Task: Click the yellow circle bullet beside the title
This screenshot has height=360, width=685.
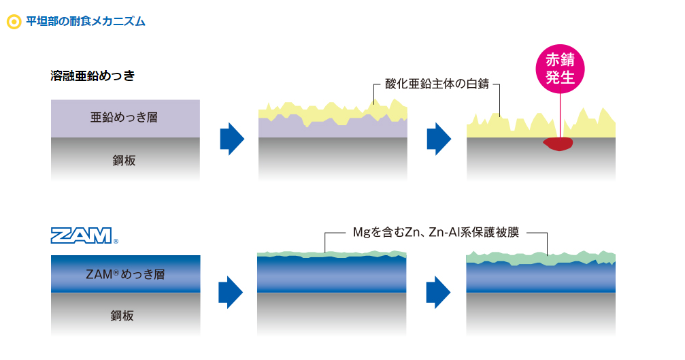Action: pos(14,21)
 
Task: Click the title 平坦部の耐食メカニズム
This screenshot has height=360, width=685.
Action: pos(86,21)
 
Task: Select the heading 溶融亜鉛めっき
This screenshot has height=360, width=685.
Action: pos(93,76)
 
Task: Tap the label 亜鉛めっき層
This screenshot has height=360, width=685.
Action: pos(124,117)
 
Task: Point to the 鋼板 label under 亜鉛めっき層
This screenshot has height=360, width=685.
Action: pos(124,161)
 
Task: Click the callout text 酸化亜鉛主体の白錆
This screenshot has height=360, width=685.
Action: pos(437,84)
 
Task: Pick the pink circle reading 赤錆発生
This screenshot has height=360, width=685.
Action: pos(560,69)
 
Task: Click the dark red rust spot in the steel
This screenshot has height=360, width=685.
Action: pos(558,144)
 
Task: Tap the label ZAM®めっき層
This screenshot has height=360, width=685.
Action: pos(125,274)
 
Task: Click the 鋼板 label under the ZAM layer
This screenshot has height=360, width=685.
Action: pos(122,316)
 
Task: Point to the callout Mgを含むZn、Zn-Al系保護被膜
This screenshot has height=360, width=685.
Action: pos(436,232)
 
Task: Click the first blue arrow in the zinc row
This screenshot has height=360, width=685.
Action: pos(232,139)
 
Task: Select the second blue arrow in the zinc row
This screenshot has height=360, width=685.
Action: pos(439,139)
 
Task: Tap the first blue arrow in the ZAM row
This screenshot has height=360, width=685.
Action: pos(231,292)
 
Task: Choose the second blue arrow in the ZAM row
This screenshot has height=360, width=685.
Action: pos(438,292)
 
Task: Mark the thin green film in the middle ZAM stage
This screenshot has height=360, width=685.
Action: pos(331,255)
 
